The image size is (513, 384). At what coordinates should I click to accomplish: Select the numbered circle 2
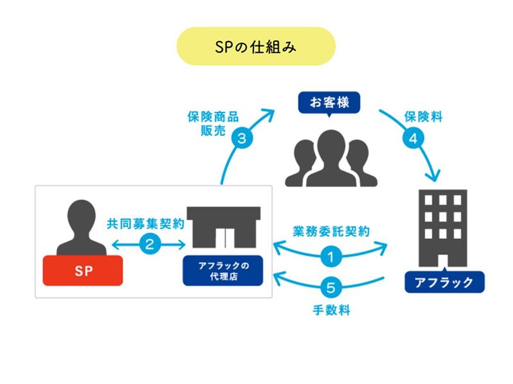pyautogui.click(x=149, y=244)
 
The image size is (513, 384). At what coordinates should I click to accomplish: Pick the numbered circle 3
pyautogui.click(x=242, y=138)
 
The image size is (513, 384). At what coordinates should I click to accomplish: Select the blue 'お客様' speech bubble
pyautogui.click(x=330, y=101)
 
